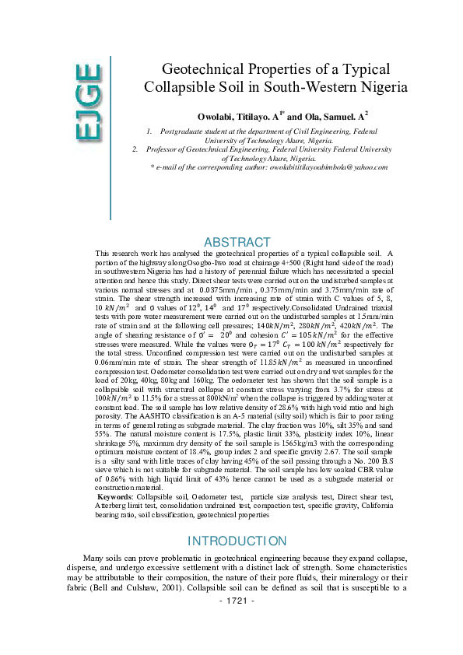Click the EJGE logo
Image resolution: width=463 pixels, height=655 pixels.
[x=87, y=103]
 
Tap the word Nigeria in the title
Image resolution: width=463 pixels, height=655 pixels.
[x=379, y=87]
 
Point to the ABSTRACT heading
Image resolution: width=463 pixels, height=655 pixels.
[x=237, y=242]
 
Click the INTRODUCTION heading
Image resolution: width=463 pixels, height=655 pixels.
[x=237, y=541]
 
